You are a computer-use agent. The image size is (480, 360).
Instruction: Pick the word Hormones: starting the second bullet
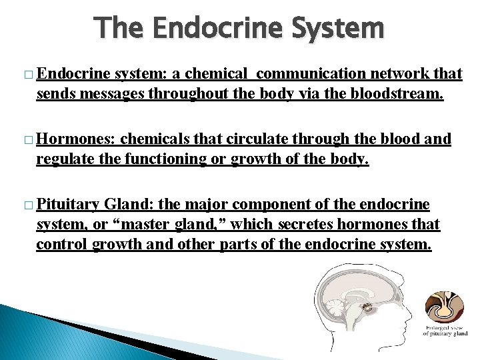77,139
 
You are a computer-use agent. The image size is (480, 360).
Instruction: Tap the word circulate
255,139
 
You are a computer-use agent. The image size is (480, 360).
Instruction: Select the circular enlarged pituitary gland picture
443,307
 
